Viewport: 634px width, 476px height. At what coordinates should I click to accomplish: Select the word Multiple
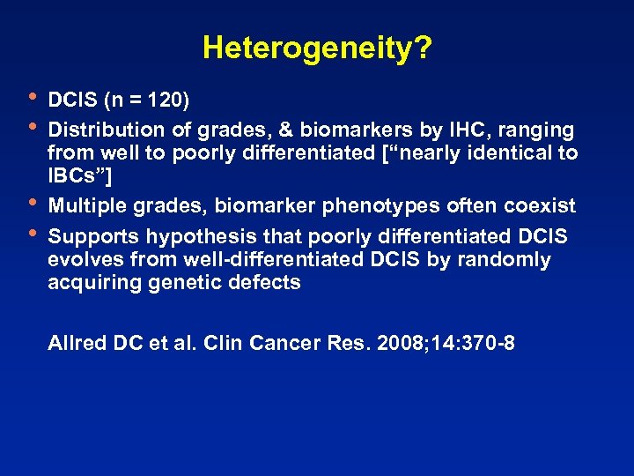pyautogui.click(x=87, y=207)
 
